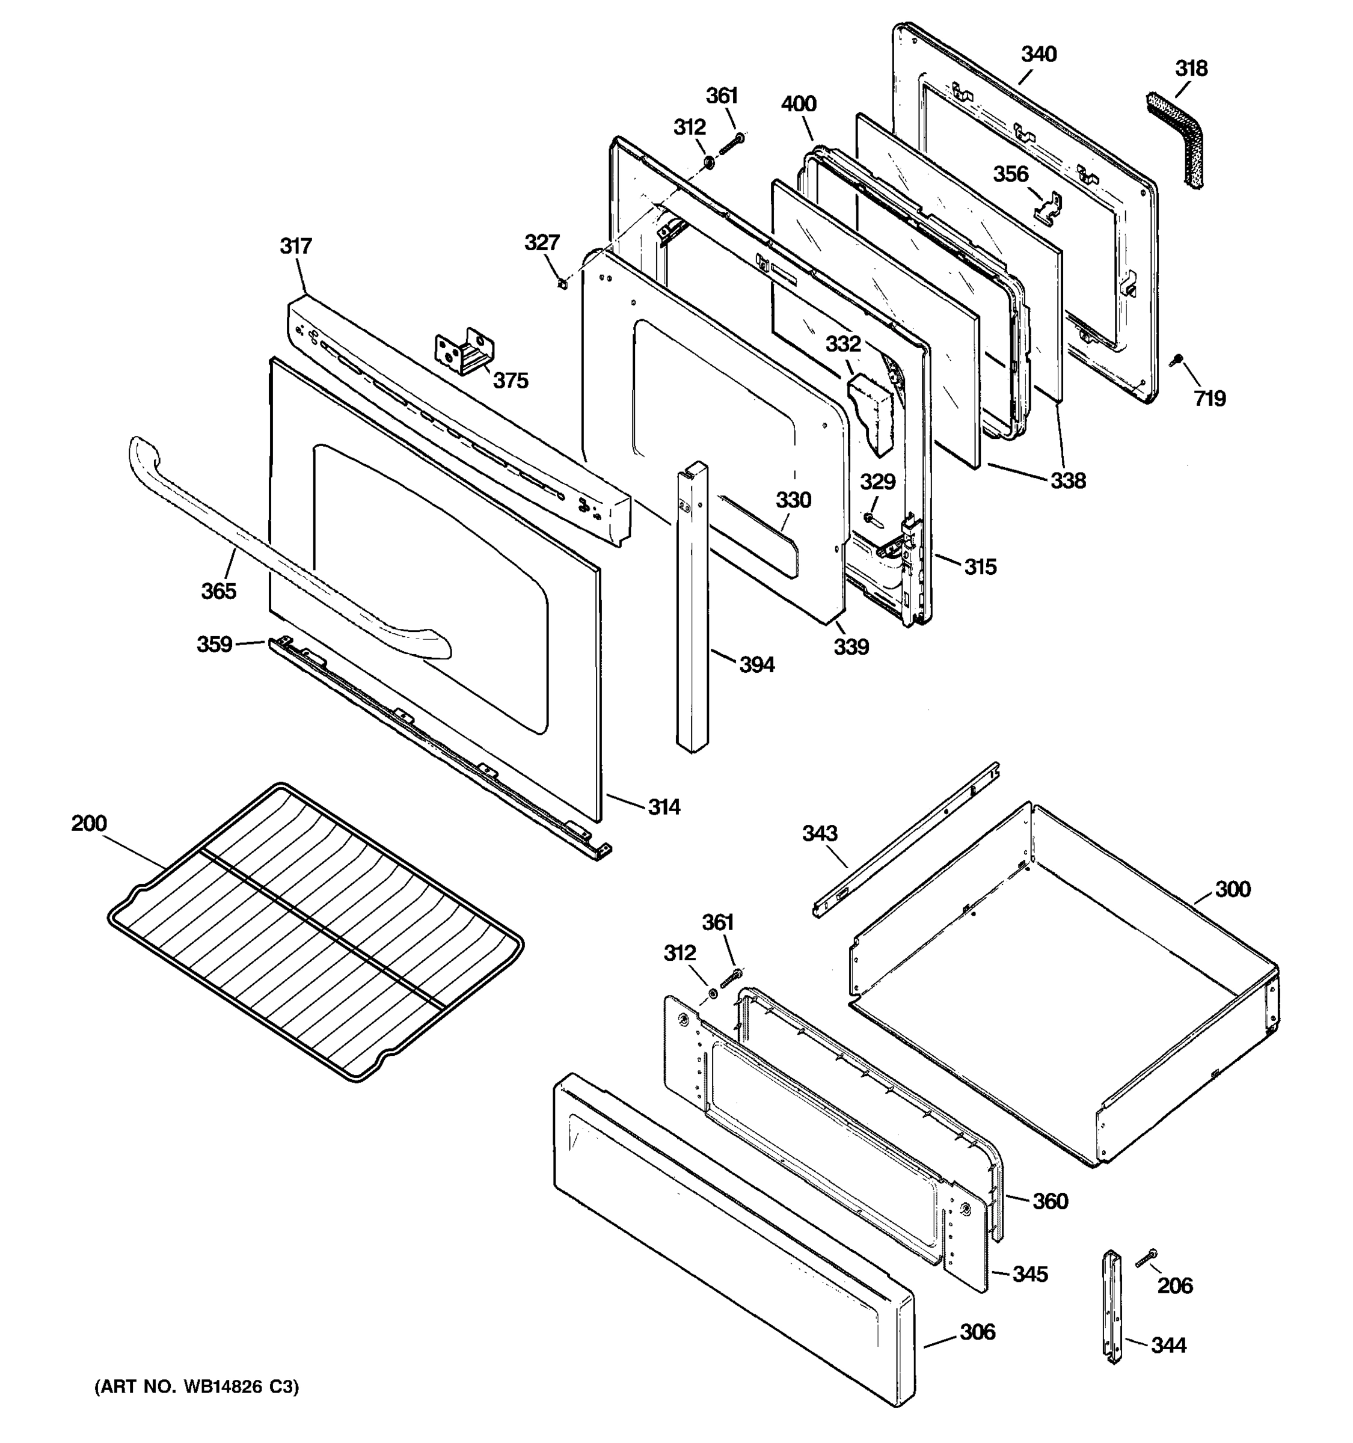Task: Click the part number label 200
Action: [x=88, y=823]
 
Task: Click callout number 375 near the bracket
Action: [x=511, y=381]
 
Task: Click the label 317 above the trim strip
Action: [x=295, y=246]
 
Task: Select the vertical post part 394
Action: [x=693, y=610]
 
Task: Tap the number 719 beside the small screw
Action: [x=1209, y=398]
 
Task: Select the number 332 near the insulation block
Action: [x=842, y=344]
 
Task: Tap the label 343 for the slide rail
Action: [x=820, y=833]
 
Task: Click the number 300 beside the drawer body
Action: [x=1233, y=889]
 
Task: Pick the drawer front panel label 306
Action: [x=978, y=1332]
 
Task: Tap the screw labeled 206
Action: [x=1147, y=1260]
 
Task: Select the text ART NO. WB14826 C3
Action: [x=196, y=1387]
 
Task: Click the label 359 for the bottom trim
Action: [x=214, y=644]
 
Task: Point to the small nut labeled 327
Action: [x=562, y=283]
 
